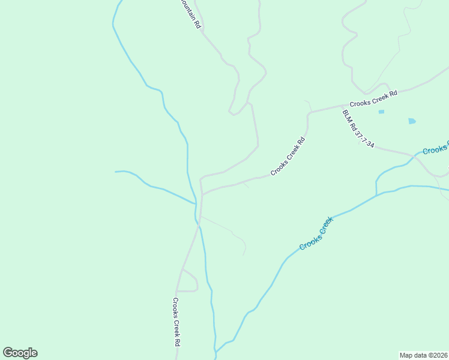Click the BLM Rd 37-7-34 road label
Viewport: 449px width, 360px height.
tap(358, 128)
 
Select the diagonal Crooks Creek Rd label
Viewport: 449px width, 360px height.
tap(288, 156)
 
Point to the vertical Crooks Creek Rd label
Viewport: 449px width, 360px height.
tap(177, 322)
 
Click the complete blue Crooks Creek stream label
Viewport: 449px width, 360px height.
tap(316, 233)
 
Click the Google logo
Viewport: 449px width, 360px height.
tap(20, 352)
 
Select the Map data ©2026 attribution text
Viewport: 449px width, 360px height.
tap(424, 355)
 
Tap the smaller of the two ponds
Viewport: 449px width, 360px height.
tap(381, 112)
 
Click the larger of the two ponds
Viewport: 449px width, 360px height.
tap(412, 121)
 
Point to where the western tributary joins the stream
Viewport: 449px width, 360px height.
tap(195, 204)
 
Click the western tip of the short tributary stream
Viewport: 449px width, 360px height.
tap(115, 172)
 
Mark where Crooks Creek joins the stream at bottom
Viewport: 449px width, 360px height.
tap(215, 352)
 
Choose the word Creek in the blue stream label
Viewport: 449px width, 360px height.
tap(324, 227)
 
